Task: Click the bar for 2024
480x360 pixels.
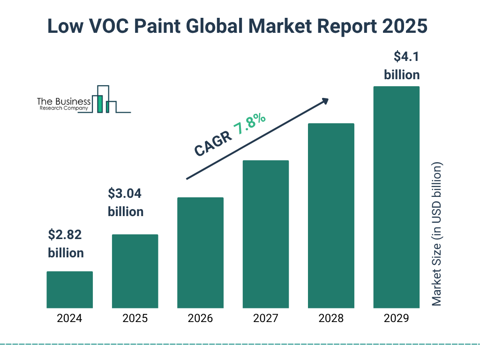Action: pyautogui.click(x=69, y=290)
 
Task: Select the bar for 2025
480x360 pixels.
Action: pyautogui.click(x=135, y=271)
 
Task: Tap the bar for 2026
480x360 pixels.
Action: pyautogui.click(x=200, y=253)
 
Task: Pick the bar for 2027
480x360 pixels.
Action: pyautogui.click(x=265, y=234)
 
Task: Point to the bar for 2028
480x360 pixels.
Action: pyautogui.click(x=331, y=216)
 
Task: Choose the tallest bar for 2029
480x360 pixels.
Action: pyautogui.click(x=396, y=197)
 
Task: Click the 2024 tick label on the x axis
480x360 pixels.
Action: pyautogui.click(x=69, y=319)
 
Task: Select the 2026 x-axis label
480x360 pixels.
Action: pyautogui.click(x=200, y=319)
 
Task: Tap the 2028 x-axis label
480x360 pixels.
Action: pyautogui.click(x=331, y=319)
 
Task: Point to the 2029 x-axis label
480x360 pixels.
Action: pyautogui.click(x=396, y=319)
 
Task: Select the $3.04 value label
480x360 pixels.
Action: pyautogui.click(x=125, y=193)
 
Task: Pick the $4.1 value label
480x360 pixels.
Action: pyautogui.click(x=406, y=57)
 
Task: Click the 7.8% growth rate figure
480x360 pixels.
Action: pyautogui.click(x=250, y=125)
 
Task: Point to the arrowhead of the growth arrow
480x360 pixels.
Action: pyautogui.click(x=324, y=101)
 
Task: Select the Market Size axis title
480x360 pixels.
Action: pyautogui.click(x=437, y=234)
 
